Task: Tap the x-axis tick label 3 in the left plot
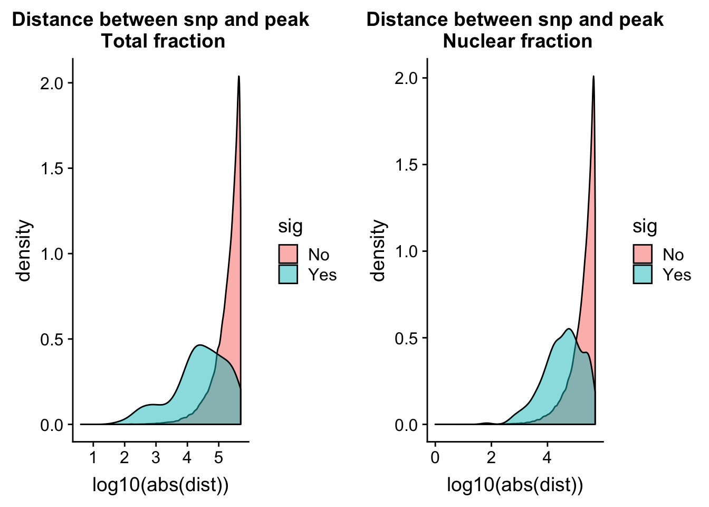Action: pos(156,457)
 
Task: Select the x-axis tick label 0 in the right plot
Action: pos(435,457)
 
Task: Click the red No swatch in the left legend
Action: pos(288,255)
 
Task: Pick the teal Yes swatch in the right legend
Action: pos(643,275)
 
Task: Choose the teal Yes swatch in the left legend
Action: pos(288,275)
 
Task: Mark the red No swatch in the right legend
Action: pos(643,255)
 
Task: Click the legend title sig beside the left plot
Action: pos(291,227)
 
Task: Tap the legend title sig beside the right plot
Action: pos(645,227)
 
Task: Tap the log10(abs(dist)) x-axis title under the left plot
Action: pos(160,485)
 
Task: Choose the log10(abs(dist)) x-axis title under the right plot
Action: pos(515,485)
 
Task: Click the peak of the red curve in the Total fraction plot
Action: pos(239,77)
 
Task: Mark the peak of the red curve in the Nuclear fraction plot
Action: pos(593,77)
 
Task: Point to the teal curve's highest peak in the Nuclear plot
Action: pos(569,329)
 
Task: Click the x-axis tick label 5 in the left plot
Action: pos(218,457)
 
